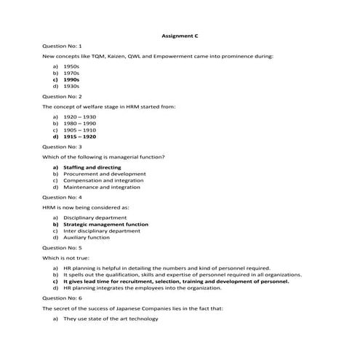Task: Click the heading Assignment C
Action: pyautogui.click(x=179, y=34)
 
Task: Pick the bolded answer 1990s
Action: pyautogui.click(x=71, y=79)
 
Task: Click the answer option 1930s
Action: pyautogui.click(x=71, y=86)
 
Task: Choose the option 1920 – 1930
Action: pyautogui.click(x=79, y=116)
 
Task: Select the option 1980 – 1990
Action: pyautogui.click(x=79, y=123)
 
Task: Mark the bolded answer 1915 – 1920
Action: pyautogui.click(x=79, y=136)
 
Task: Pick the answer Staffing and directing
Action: pyautogui.click(x=92, y=167)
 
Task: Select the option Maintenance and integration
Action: pyautogui.click(x=101, y=187)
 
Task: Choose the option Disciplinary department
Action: pyautogui.click(x=96, y=217)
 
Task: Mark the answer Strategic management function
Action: pyautogui.click(x=105, y=225)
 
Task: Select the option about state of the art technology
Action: pyautogui.click(x=110, y=319)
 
